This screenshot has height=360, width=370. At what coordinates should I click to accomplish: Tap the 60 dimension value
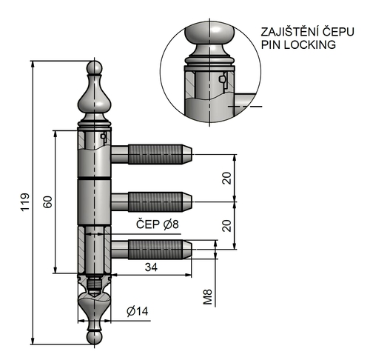pos(47,202)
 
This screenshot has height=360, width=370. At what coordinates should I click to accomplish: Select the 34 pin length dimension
pos(150,267)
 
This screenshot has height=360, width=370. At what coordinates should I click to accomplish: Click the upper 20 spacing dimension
pos(227,178)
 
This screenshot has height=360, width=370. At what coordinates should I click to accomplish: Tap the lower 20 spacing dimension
pos(227,225)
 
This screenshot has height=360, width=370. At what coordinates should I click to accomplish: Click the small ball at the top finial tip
pos(94,69)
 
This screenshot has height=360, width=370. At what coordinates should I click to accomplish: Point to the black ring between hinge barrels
pos(94,180)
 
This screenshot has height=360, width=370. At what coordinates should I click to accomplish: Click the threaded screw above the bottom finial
pos(94,283)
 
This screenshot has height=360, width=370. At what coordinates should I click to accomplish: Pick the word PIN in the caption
pos(271,44)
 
